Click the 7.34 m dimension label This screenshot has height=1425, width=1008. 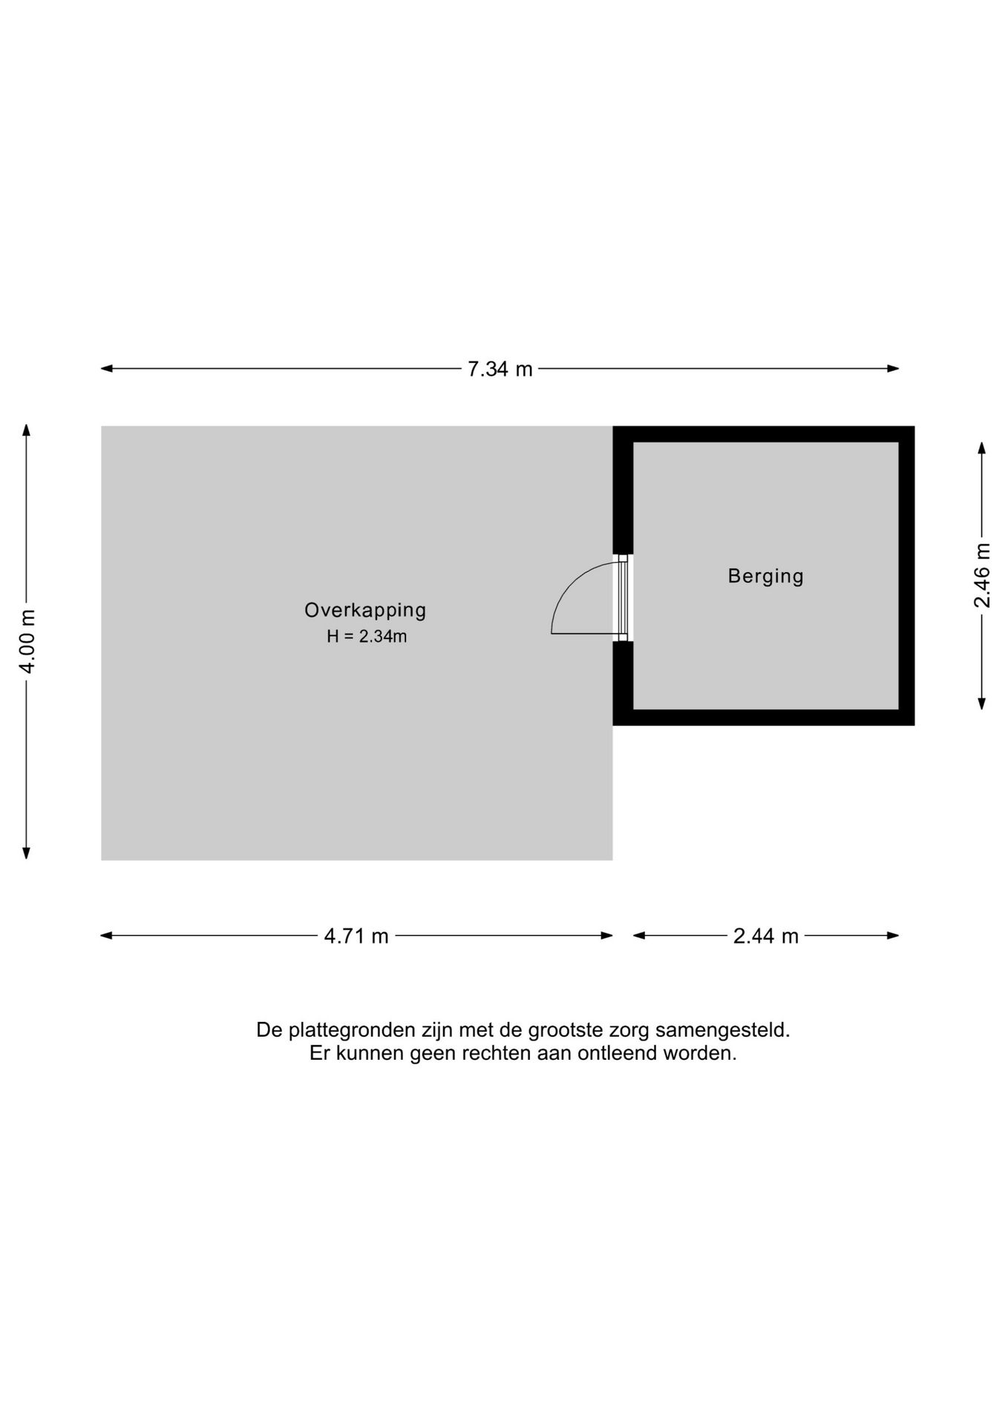500,369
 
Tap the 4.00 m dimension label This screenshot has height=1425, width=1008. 27,641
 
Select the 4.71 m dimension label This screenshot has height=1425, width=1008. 356,936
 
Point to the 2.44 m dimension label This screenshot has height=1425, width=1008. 766,936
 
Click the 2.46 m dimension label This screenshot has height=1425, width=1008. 982,575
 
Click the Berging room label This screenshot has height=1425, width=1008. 766,576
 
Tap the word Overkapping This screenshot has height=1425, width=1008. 365,610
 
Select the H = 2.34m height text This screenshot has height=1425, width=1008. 367,636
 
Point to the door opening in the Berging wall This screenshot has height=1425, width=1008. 623,597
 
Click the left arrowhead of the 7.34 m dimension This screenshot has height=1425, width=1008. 106,368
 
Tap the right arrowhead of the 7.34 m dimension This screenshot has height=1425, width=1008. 894,368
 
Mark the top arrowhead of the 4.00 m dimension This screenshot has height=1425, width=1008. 27,430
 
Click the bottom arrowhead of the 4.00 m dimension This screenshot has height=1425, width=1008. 27,854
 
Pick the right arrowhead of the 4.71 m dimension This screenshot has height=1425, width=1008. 607,935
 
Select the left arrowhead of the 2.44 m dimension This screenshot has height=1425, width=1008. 639,935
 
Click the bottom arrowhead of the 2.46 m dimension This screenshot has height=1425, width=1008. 982,704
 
